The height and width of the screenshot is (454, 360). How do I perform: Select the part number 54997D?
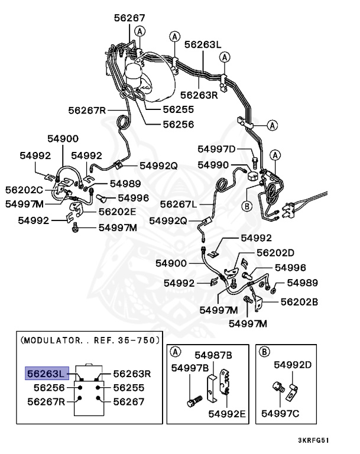[216, 149]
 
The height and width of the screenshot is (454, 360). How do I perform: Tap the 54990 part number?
[213, 165]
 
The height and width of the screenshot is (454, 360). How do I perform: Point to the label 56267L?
[179, 204]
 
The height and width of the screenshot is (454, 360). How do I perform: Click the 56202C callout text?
[24, 190]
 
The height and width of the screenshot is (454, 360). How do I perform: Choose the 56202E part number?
[117, 211]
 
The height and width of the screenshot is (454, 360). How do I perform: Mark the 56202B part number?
[299, 301]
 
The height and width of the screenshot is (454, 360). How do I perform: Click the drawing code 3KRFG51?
[322, 441]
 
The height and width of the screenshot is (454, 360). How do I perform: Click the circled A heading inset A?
[175, 352]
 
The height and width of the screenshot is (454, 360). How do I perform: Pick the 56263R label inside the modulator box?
[132, 374]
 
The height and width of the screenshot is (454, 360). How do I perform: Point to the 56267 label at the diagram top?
[129, 18]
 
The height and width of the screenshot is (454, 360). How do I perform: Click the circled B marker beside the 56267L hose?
[247, 206]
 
